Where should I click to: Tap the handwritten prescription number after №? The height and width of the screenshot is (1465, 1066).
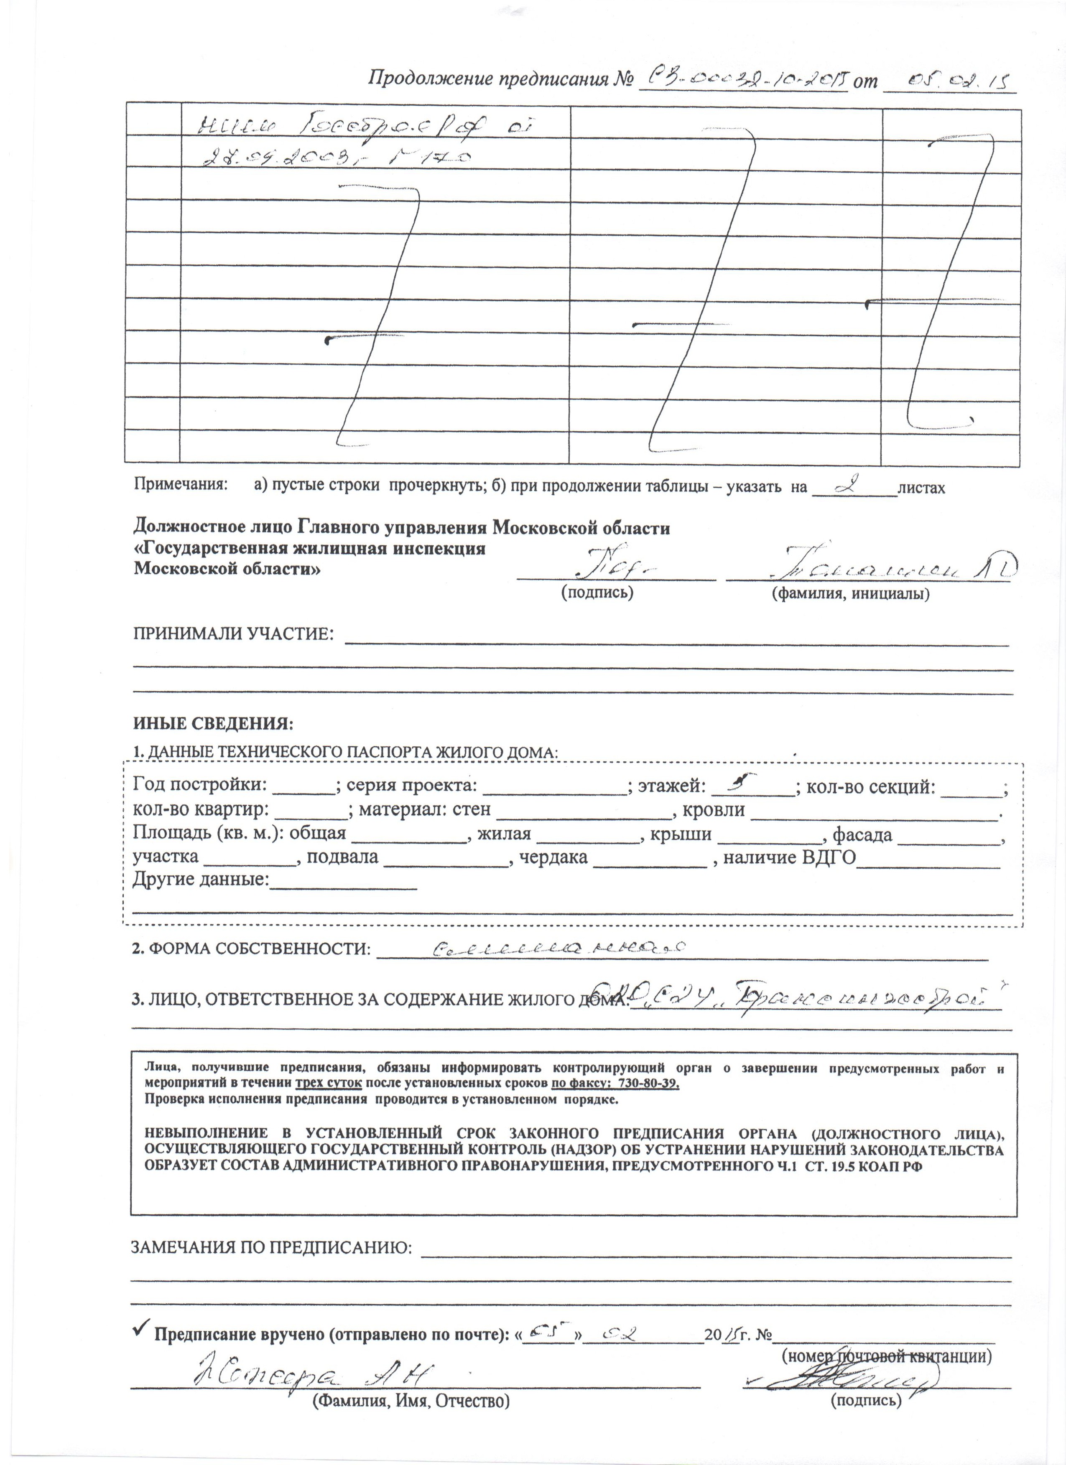click(743, 80)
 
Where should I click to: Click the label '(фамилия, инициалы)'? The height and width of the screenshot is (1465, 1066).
click(851, 594)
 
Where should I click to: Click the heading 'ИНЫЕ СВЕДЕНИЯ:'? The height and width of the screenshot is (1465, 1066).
click(213, 723)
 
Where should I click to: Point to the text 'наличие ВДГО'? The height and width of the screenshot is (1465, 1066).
click(789, 858)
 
